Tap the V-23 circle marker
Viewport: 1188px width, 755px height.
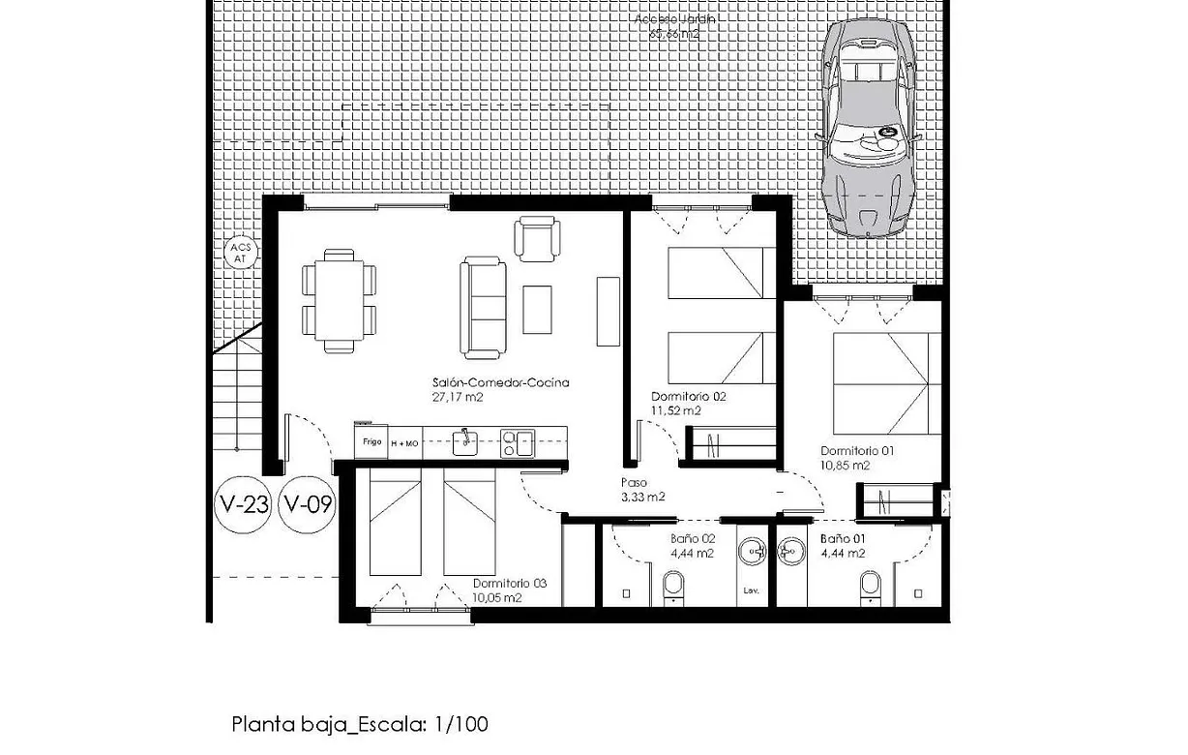pos(243,504)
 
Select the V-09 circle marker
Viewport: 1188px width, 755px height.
pos(307,504)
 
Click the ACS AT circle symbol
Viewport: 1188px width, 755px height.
pos(240,253)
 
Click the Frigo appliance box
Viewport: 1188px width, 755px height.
pos(371,440)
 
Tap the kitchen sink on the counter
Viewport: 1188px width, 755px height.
pos(465,442)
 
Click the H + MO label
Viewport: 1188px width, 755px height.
pos(404,442)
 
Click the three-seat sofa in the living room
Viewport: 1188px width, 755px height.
pos(483,305)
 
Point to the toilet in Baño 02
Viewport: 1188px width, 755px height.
pos(672,586)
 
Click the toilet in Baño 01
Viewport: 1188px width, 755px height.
pos(870,586)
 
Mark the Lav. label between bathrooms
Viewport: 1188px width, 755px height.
pos(750,589)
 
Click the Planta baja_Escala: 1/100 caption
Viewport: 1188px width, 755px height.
pos(360,724)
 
